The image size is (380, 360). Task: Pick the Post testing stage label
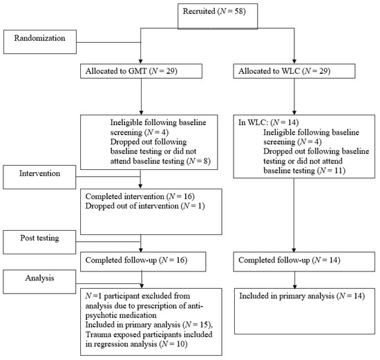pos(41,239)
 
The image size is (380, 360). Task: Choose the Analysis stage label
pos(41,280)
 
